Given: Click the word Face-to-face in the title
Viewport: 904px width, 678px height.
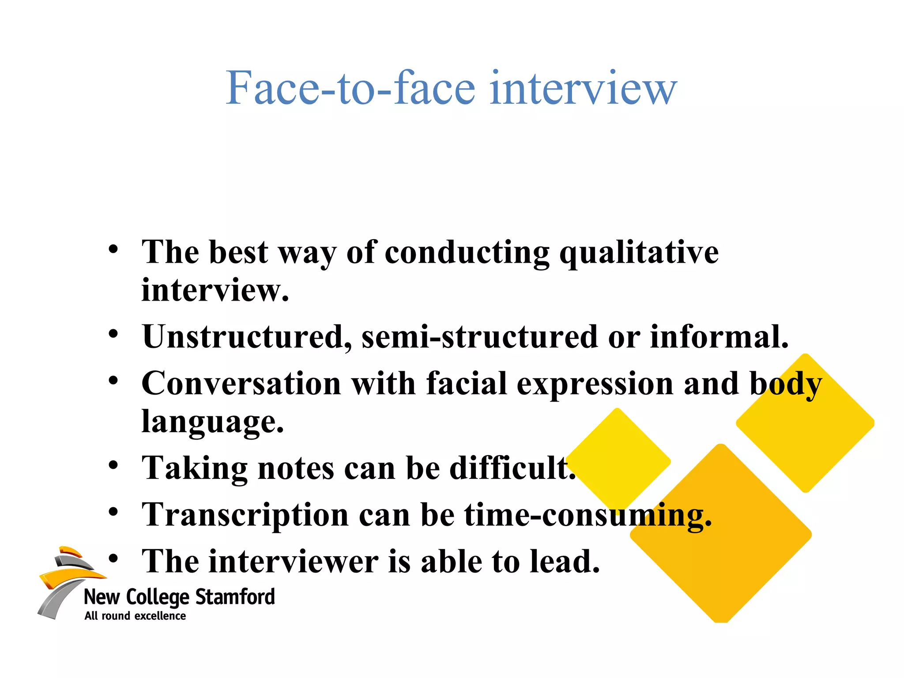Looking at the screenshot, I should [x=350, y=88].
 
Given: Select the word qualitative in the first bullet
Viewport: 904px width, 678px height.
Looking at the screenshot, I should [x=639, y=253].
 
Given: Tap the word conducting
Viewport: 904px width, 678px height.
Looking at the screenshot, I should [x=467, y=253].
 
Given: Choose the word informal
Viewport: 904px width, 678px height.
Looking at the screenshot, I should [x=719, y=337].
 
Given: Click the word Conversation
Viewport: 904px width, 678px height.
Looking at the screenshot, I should [x=241, y=383].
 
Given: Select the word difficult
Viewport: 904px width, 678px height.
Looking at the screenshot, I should [x=512, y=468].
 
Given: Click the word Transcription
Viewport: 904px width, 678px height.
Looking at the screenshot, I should [x=245, y=515].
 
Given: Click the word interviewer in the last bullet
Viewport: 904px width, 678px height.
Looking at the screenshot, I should [x=294, y=561].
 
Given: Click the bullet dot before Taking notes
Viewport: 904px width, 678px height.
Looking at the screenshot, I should [x=113, y=465].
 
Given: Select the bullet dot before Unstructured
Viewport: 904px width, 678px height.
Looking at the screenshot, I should [x=113, y=334].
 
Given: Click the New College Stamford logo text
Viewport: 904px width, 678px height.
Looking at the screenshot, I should [x=179, y=597].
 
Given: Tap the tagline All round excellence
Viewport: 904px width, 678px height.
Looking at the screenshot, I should [x=135, y=616].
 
